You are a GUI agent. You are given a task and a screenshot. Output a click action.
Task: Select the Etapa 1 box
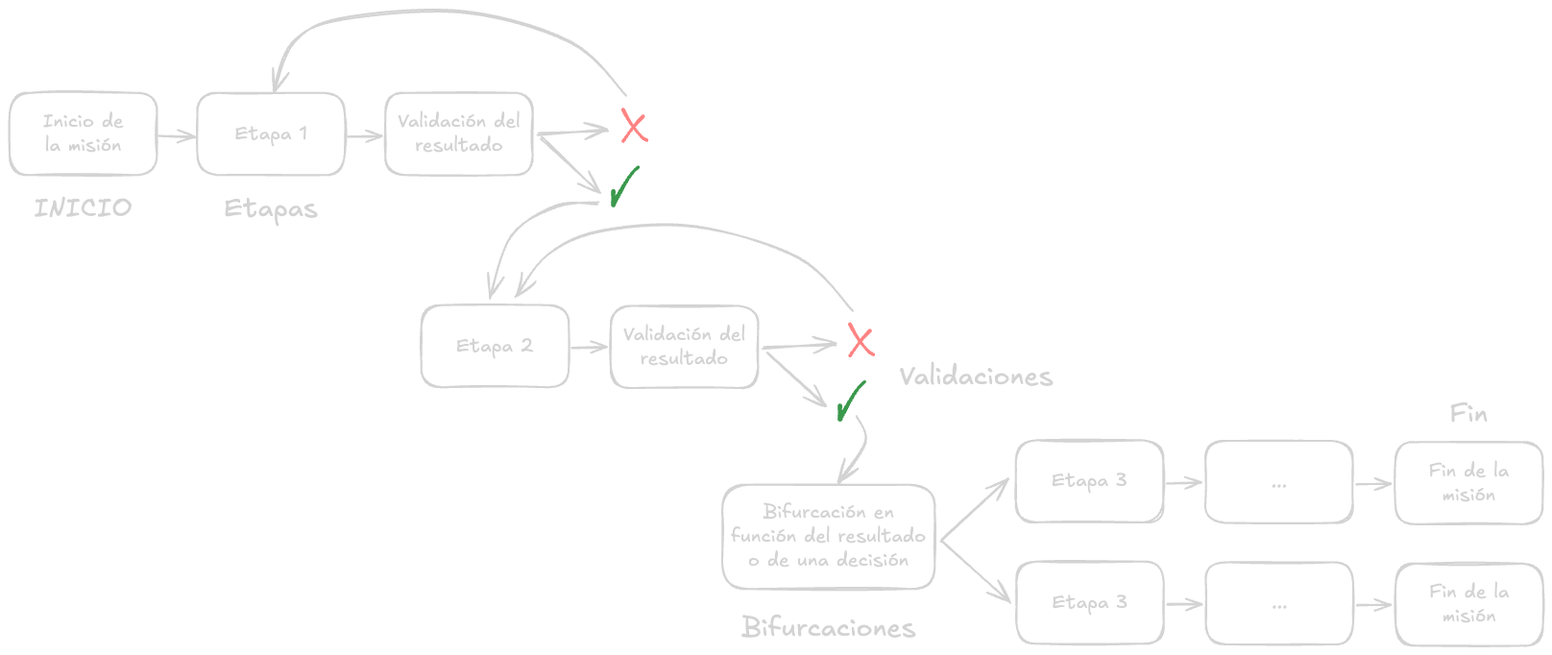coord(271,133)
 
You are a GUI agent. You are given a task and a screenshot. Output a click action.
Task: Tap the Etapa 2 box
coord(495,346)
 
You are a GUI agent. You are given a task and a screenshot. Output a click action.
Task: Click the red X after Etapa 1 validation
coord(634,127)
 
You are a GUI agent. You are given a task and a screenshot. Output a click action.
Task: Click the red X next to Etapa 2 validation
coord(861,340)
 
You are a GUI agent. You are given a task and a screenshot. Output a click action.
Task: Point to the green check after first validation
coord(623,186)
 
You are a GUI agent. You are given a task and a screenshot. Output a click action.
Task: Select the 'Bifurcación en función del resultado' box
coord(828,536)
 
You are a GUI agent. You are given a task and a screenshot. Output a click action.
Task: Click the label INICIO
coord(83,207)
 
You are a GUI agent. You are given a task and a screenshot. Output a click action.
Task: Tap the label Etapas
coord(270,208)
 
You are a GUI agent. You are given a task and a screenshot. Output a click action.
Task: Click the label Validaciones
coord(976,376)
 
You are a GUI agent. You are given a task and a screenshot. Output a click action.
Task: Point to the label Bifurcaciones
coord(828,627)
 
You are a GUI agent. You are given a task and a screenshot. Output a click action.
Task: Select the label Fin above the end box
coord(1467,414)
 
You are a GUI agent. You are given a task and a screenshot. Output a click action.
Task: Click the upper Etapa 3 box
coord(1089,481)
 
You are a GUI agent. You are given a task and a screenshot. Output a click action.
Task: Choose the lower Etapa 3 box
coord(1089,603)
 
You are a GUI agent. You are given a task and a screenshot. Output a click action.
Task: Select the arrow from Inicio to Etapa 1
coord(177,136)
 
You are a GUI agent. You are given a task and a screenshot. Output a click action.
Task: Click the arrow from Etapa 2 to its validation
coord(589,347)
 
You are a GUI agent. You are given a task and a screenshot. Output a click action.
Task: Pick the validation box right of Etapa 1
coord(459,133)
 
